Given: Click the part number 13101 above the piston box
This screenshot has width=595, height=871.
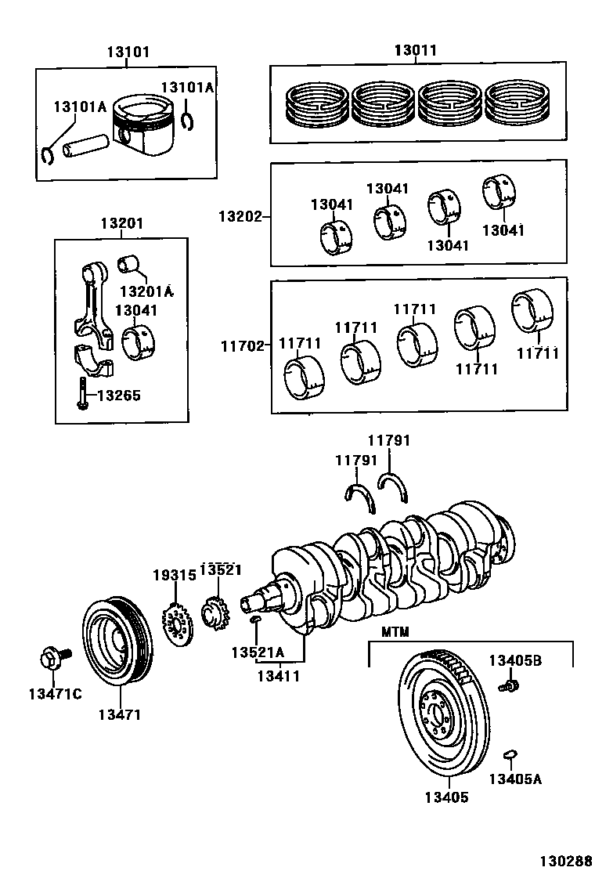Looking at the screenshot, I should coord(128,52).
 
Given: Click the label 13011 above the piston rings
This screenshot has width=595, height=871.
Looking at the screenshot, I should coord(415,50).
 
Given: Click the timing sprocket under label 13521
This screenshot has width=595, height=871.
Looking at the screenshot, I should coord(213,612).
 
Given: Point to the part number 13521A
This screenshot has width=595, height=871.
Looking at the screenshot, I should coord(258,652).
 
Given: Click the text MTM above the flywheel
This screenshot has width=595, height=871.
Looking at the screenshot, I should coord(396,631).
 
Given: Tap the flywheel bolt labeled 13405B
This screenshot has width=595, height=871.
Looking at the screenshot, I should coord(510,686).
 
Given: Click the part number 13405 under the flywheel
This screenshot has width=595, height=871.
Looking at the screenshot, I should coord(446,797).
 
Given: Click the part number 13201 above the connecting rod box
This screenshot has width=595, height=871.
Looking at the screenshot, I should coord(121,223).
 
